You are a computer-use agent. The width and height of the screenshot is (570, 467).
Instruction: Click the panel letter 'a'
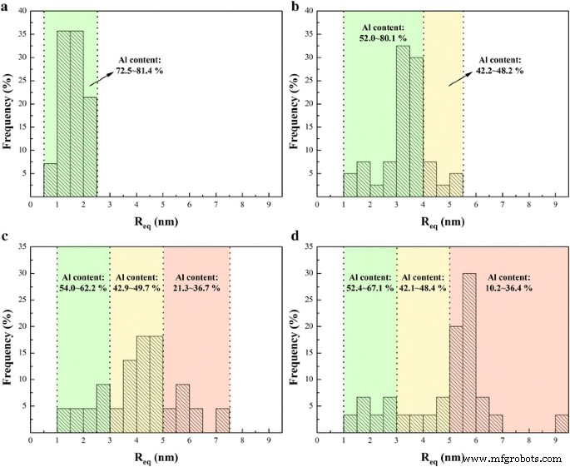click(x=6, y=6)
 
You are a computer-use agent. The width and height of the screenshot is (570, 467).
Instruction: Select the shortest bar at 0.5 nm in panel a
click(x=50, y=178)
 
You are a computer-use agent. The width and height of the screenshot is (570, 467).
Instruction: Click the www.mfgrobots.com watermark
click(x=513, y=459)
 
